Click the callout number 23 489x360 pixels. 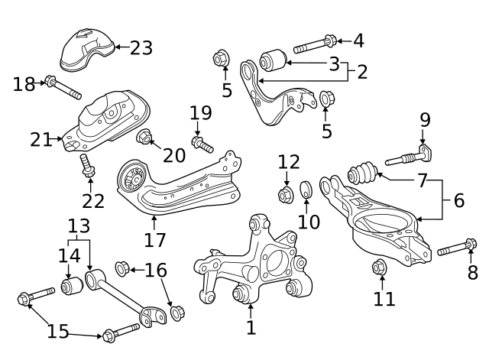(x=141, y=47)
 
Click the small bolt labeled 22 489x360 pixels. (x=86, y=167)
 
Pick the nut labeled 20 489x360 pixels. (x=143, y=138)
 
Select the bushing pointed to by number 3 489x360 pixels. (x=273, y=59)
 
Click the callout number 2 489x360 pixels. (x=361, y=72)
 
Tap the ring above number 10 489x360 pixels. (x=305, y=189)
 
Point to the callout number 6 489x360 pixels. (x=458, y=201)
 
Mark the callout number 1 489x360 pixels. (x=251, y=328)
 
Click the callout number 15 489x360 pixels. (x=57, y=332)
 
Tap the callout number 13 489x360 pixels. (x=79, y=226)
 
